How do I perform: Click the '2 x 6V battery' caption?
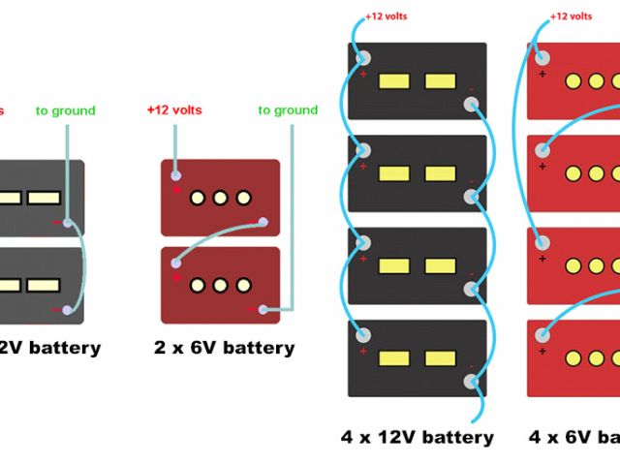click(224, 347)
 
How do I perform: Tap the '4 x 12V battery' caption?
click(418, 437)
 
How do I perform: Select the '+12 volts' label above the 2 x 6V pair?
click(174, 110)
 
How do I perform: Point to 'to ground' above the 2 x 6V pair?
click(288, 110)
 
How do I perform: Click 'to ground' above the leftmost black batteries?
click(66, 110)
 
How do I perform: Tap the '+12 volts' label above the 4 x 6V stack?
click(572, 16)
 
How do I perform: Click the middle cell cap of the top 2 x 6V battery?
click(220, 198)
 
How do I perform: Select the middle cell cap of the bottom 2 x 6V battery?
click(220, 286)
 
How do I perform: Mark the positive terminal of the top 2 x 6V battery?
click(175, 176)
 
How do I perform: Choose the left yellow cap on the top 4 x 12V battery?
click(393, 81)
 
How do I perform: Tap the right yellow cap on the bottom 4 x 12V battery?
click(440, 358)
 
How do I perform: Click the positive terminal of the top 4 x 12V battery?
click(364, 59)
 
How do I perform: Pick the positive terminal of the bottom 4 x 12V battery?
click(364, 336)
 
